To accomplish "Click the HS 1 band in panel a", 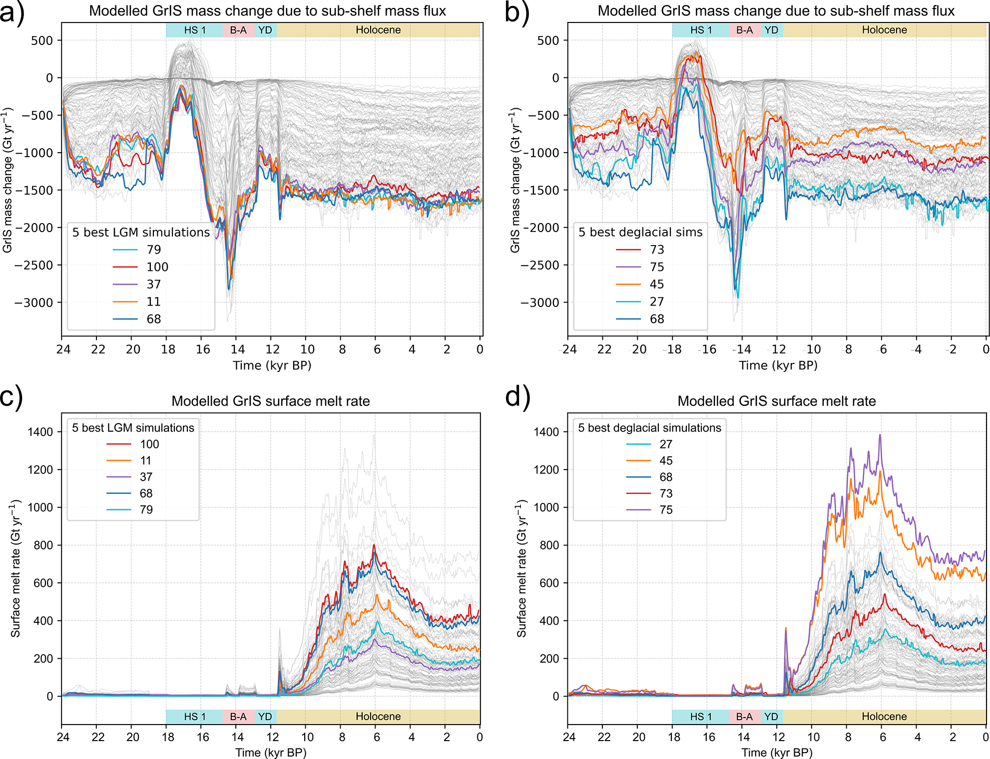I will pyautogui.click(x=194, y=30).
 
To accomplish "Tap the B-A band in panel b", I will pyautogui.click(x=744, y=30).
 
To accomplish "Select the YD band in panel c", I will pyautogui.click(x=265, y=717).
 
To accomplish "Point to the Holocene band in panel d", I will pyautogui.click(x=884, y=717).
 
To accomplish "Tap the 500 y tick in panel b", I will pyautogui.click(x=548, y=40).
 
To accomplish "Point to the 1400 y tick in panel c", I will pyautogui.click(x=40, y=432).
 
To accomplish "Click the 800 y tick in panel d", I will pyautogui.click(x=549, y=545).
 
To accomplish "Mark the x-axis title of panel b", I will pyautogui.click(x=778, y=366).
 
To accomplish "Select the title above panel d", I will pyautogui.click(x=777, y=401).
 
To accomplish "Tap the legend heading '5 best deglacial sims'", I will pyautogui.click(x=640, y=232).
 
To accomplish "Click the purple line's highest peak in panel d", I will pyautogui.click(x=880, y=435).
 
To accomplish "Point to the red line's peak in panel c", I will pyautogui.click(x=374, y=545).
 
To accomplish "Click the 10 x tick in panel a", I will pyautogui.click(x=307, y=349).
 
